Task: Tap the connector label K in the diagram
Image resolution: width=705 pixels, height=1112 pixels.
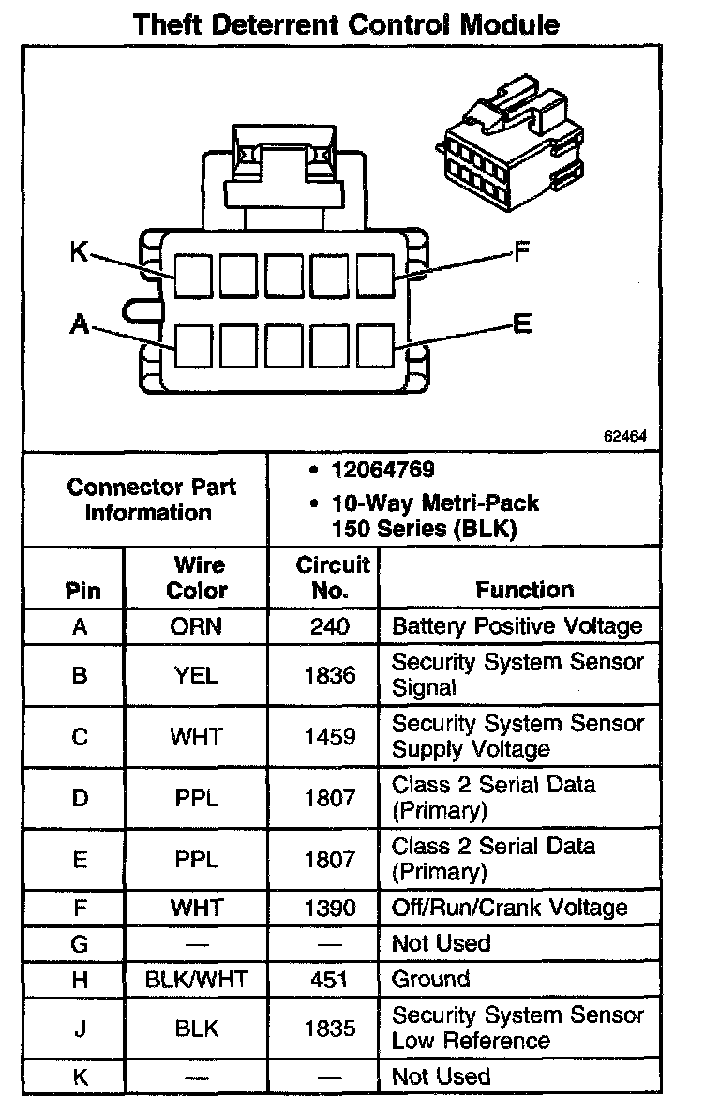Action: pos(80,251)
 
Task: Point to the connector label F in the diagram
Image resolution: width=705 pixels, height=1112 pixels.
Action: pos(521,251)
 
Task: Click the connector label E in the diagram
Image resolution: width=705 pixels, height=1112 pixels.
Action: pos(522,324)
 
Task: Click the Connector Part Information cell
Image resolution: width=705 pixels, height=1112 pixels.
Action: pos(151,500)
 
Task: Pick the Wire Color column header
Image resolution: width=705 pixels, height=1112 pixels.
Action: pos(197,578)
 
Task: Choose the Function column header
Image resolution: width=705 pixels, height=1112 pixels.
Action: pos(524,590)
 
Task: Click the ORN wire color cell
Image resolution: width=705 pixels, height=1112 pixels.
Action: pos(197,626)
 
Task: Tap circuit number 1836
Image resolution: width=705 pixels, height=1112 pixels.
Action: pos(330,675)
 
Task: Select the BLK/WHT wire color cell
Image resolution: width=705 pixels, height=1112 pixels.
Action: pos(197,980)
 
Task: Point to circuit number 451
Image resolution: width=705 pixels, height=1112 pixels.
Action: pos(330,980)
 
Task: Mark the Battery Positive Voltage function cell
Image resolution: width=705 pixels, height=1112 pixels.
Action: pos(517,626)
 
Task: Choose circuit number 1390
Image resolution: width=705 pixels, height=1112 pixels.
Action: pos(330,908)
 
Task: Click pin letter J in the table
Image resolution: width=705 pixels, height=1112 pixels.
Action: pos(80,1029)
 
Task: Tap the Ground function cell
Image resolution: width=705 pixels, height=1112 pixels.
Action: pos(430,980)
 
